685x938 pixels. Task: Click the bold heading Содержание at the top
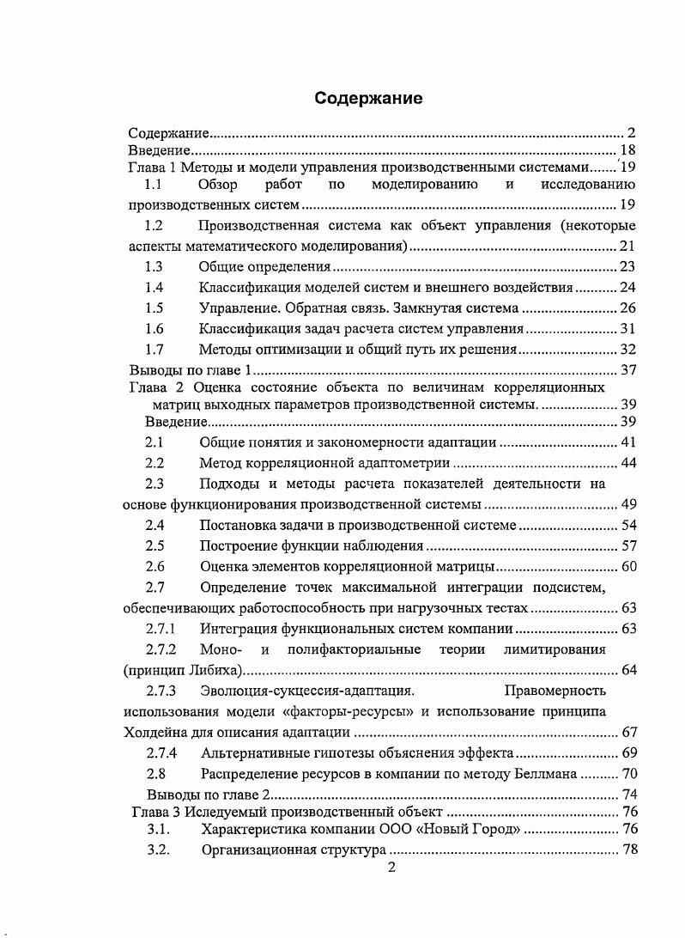click(367, 98)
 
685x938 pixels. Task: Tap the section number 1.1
click(154, 185)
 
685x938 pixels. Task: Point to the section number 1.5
click(154, 308)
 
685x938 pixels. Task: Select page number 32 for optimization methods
click(627, 349)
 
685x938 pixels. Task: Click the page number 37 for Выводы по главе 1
click(627, 370)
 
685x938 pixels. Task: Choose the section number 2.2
click(154, 463)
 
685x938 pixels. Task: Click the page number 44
click(627, 463)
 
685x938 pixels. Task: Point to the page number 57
click(627, 545)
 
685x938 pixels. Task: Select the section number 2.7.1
click(161, 629)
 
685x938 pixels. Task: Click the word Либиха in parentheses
click(218, 670)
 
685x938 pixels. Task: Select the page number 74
click(627, 794)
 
